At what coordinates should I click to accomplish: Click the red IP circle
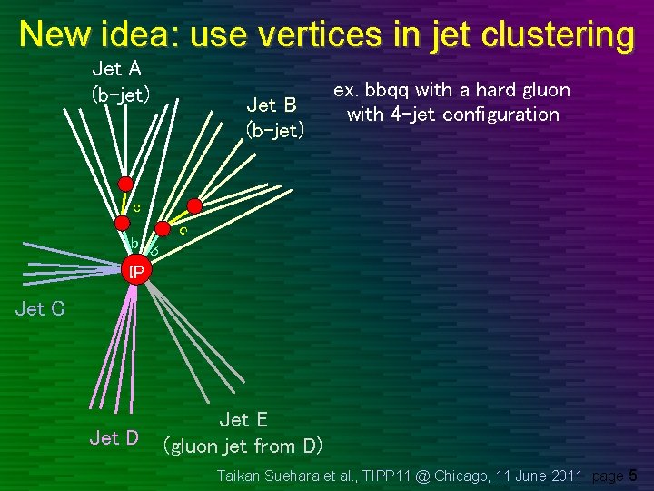pos(135,272)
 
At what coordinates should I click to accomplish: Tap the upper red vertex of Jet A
pos(126,183)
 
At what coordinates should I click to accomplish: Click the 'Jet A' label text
pos(116,67)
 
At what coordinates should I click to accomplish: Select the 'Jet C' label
pos(40,309)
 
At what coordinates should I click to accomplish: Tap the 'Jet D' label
pos(114,438)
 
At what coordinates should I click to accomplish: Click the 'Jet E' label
pos(243,419)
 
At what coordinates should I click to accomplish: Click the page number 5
pos(633,475)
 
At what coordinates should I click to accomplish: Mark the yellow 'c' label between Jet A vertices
pos(135,207)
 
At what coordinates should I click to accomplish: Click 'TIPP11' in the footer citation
pos(392,475)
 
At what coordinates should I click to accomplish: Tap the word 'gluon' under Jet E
pos(198,446)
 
